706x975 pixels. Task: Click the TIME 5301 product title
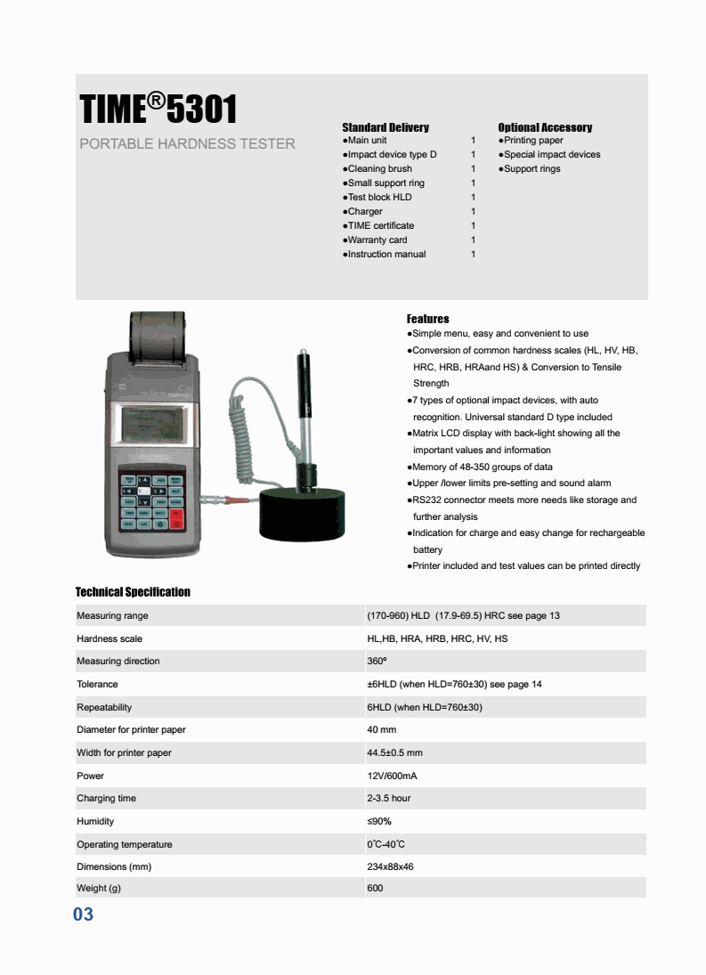tap(158, 110)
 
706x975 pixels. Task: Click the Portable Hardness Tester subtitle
tap(187, 143)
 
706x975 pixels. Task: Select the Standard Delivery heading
tap(385, 127)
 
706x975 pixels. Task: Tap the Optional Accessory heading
tap(545, 127)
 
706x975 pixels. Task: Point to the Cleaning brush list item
tap(379, 168)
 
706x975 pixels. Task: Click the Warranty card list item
tap(377, 240)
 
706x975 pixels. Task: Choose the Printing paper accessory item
tap(532, 140)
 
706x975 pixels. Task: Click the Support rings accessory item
tap(532, 168)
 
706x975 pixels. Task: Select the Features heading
tap(427, 319)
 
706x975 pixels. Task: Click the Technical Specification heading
tap(133, 592)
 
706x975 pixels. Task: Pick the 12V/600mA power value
tap(392, 776)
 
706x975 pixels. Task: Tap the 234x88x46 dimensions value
tap(390, 866)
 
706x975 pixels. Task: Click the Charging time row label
tap(106, 798)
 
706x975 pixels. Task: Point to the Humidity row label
tap(95, 821)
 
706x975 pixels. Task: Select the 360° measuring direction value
tap(376, 661)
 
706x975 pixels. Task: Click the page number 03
tap(83, 914)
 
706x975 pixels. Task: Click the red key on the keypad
tap(175, 518)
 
